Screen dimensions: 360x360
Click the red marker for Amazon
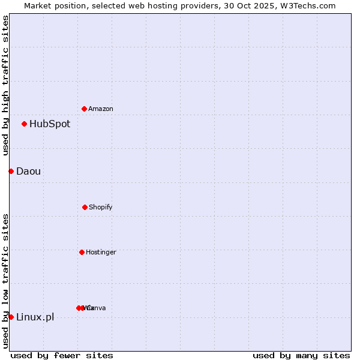[84, 109]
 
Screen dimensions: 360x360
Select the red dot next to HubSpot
[24, 124]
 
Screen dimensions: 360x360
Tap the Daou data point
[11, 171]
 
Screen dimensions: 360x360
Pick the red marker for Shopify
[85, 207]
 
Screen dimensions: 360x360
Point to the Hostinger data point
[82, 252]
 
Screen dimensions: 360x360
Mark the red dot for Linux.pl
[11, 317]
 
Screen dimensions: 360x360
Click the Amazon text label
[100, 109]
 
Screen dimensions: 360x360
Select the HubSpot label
[50, 124]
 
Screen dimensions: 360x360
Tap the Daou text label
[29, 172]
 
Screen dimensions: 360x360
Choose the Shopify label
[100, 207]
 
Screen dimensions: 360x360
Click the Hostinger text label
[101, 252]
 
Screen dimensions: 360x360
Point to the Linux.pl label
[35, 317]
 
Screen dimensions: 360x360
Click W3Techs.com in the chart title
[307, 5]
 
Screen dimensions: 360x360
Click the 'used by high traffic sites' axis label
[5, 85]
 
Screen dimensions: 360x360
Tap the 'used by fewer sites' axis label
[62, 355]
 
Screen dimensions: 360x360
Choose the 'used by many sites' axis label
[301, 355]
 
